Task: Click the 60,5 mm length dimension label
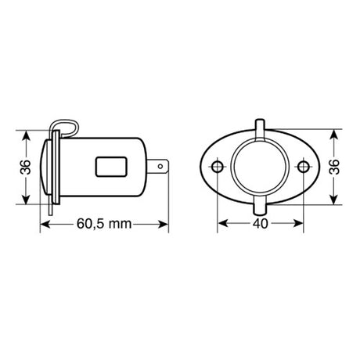pos(104,224)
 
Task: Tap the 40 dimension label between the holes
pos(261,224)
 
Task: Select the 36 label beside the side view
pos(25,167)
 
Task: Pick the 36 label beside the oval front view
pos(334,167)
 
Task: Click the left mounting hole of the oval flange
pos(218,167)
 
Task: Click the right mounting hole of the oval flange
pos(303,167)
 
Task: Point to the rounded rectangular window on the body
pos(111,167)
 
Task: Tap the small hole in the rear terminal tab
pos(160,166)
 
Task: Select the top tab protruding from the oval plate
pos(260,128)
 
